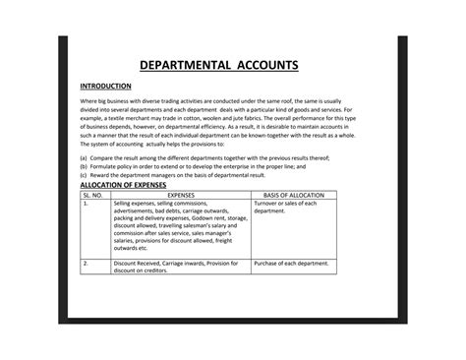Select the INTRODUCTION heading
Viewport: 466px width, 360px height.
point(104,87)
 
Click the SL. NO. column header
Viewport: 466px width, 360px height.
point(93,194)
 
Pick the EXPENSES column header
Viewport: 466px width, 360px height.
point(181,194)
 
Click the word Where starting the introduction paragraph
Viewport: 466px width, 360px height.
point(87,102)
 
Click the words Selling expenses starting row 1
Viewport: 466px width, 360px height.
point(136,203)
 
